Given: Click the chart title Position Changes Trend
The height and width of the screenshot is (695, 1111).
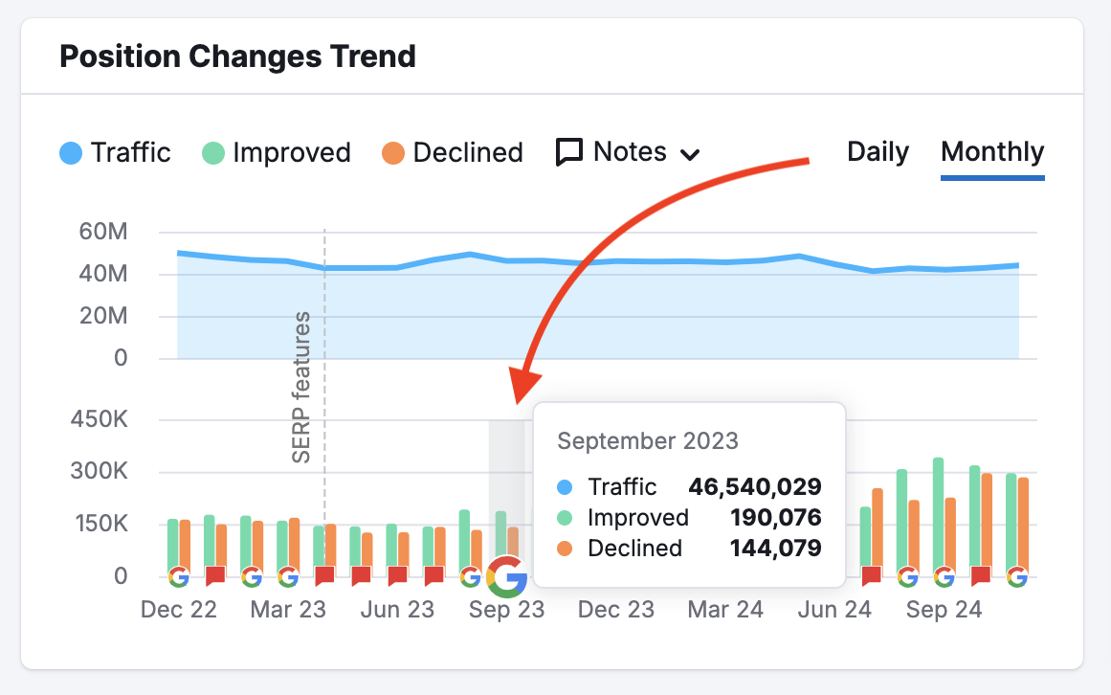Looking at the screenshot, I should [237, 56].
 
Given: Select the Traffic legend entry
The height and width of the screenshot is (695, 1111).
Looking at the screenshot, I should [115, 152].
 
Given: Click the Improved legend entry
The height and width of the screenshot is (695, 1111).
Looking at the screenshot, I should [277, 152].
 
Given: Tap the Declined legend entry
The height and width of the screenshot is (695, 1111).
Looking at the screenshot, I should [453, 152].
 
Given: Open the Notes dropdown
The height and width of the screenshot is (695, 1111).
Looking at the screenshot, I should [629, 152].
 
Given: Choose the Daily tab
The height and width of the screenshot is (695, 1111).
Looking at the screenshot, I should [878, 152].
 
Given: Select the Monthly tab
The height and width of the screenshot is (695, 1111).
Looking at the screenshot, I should [992, 152].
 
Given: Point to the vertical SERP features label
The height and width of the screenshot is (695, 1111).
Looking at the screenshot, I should [301, 387].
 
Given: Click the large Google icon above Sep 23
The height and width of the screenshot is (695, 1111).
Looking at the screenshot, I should [506, 576].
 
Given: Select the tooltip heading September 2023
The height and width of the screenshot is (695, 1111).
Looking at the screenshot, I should [648, 440].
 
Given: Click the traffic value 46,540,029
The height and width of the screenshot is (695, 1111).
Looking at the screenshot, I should [754, 486].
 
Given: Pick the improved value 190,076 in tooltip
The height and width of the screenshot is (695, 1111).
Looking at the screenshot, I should [775, 518].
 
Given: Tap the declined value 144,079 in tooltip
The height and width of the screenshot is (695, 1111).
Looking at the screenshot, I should [775, 549].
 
